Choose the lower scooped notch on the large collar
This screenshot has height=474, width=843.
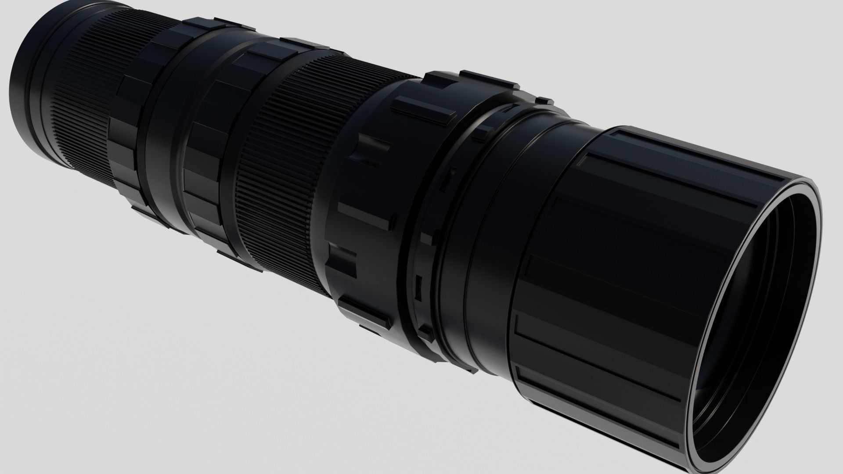click(x=347, y=259)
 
